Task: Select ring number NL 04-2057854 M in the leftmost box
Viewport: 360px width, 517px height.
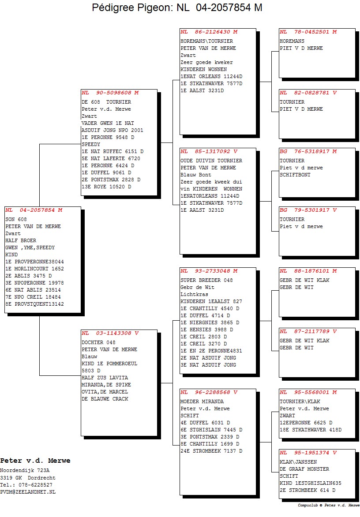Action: tap(34, 210)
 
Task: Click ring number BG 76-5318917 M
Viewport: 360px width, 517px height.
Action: tap(308, 151)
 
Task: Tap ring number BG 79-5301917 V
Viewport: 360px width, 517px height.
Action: tap(308, 210)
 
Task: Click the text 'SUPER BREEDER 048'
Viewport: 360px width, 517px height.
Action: tap(207, 280)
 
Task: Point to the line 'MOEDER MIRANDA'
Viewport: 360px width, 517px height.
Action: tap(202, 401)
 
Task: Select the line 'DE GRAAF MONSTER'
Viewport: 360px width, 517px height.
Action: tap(304, 469)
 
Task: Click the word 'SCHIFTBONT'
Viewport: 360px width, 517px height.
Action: tap(295, 175)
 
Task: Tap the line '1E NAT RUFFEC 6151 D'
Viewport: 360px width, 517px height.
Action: tap(113, 151)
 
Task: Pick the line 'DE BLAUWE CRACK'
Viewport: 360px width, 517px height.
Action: tap(105, 399)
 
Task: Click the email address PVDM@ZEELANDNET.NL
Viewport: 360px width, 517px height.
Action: tap(28, 492)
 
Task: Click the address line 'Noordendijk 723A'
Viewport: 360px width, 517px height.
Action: tap(25, 470)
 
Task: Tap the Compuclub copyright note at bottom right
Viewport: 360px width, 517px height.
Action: tap(329, 505)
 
